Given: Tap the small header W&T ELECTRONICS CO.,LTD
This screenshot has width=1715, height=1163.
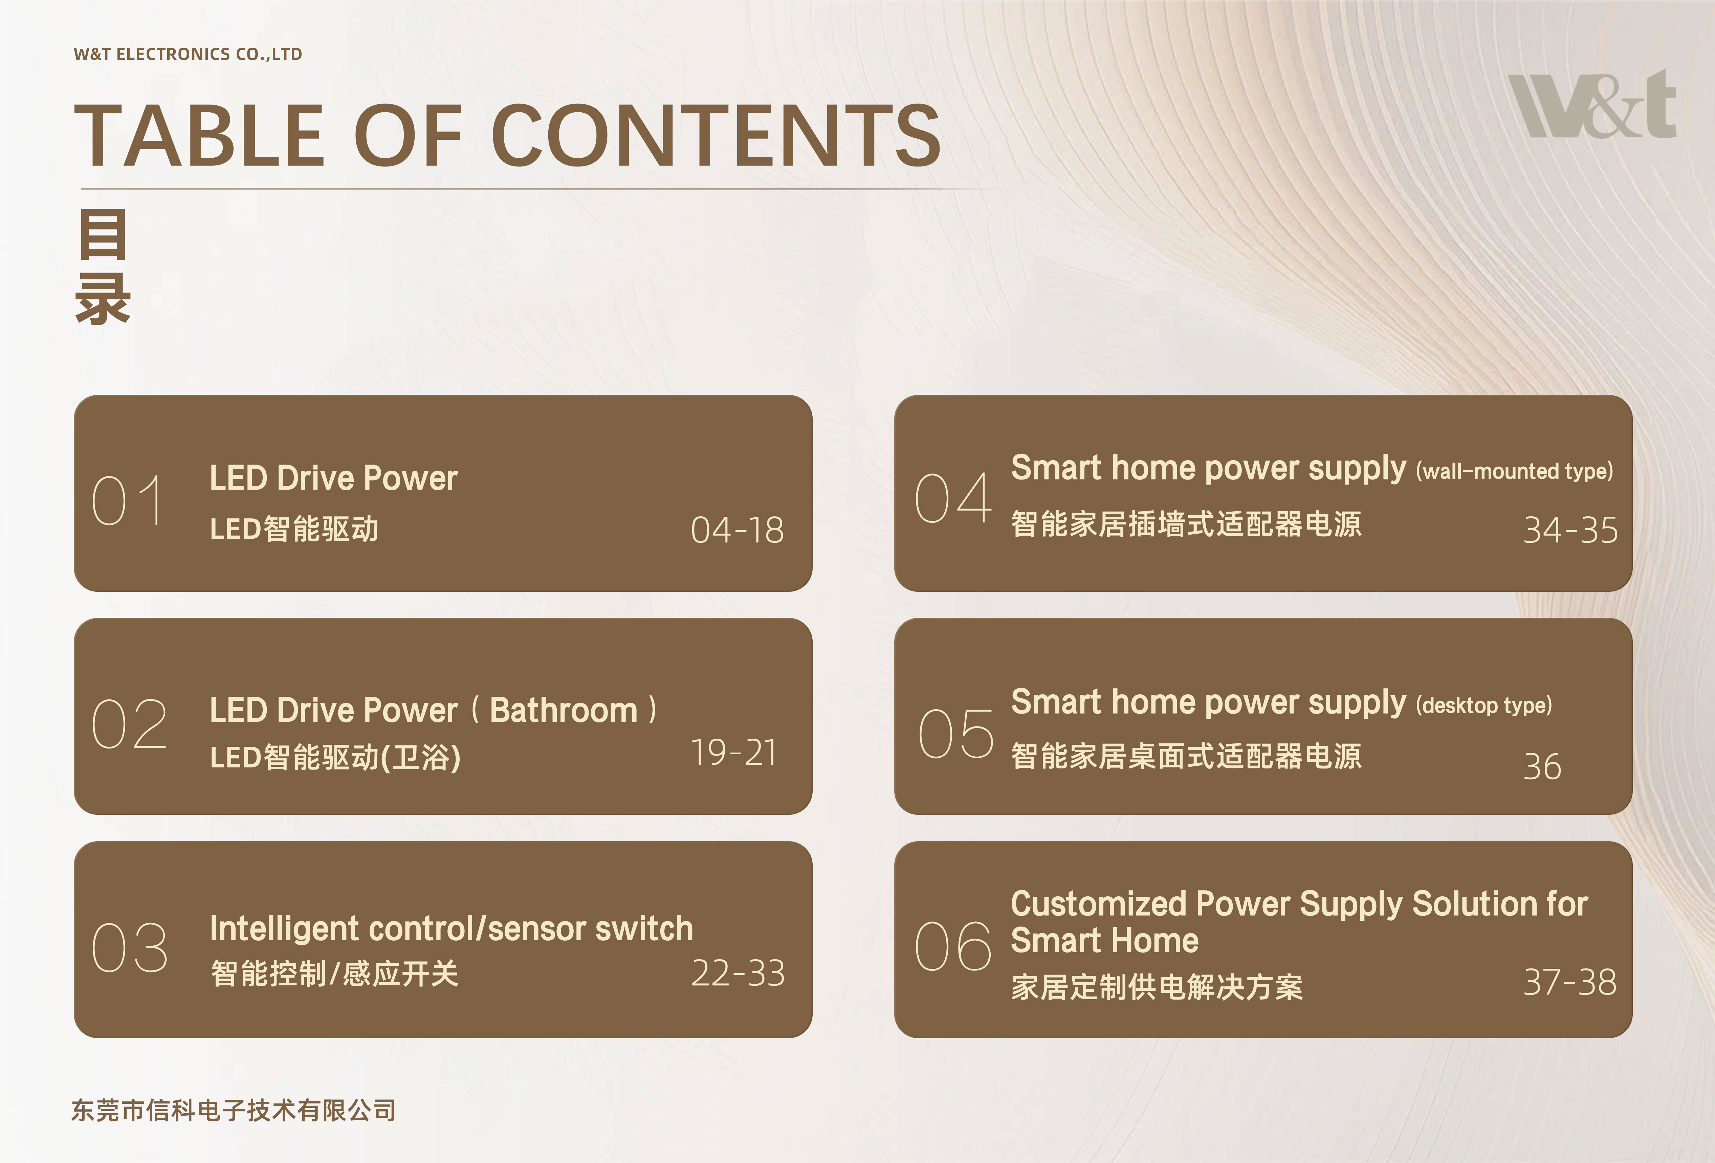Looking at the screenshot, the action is pyautogui.click(x=188, y=54).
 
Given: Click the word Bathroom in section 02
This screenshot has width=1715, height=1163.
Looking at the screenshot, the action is pyautogui.click(x=564, y=710).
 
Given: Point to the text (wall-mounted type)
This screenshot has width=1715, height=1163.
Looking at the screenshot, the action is pyautogui.click(x=1514, y=471).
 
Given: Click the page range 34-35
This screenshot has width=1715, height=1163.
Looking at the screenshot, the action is pyautogui.click(x=1570, y=530).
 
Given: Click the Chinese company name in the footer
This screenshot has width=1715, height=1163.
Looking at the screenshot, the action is pyautogui.click(x=233, y=1110).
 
